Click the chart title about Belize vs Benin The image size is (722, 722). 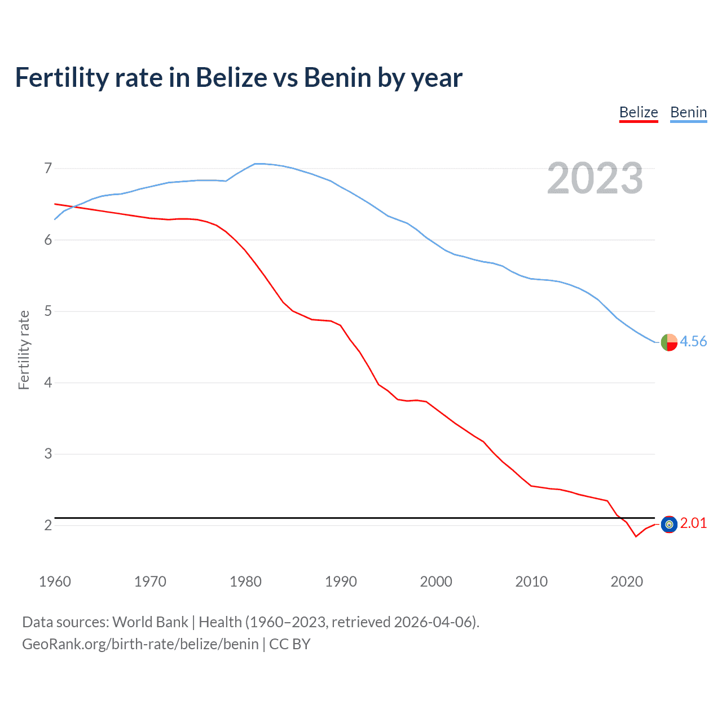[x=239, y=78]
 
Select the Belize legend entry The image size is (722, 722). [x=639, y=113]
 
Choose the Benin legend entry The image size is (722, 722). [x=688, y=113]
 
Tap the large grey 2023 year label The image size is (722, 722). [x=595, y=179]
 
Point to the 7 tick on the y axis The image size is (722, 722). [x=48, y=168]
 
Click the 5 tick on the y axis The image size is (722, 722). [x=48, y=311]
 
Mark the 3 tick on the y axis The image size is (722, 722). [x=48, y=454]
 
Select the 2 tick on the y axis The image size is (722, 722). [x=48, y=525]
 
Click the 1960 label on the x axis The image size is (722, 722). [x=55, y=582]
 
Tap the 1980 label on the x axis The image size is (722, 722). [x=245, y=582]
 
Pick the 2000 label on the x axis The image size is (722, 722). [x=436, y=582]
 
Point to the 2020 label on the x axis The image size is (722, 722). [x=627, y=582]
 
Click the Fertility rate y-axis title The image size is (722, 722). [x=24, y=350]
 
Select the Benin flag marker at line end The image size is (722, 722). [x=669, y=342]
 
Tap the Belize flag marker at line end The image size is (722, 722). [x=669, y=525]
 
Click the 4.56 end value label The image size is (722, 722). [x=693, y=342]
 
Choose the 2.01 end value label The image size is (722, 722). [x=693, y=523]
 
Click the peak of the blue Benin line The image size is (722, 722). [x=257, y=164]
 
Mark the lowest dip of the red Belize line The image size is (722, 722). [x=636, y=536]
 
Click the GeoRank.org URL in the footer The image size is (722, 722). [x=140, y=644]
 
